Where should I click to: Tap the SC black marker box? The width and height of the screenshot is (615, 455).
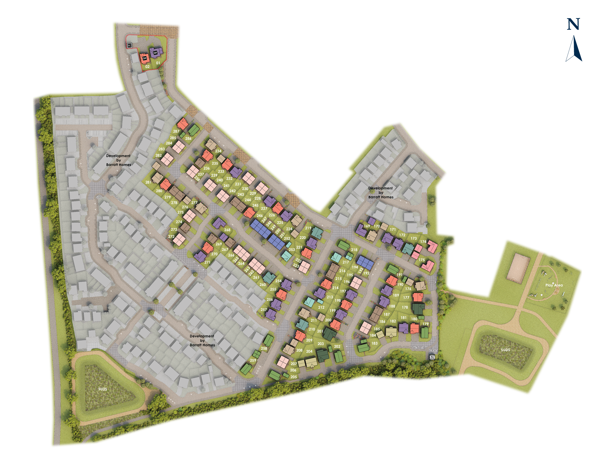[130, 45]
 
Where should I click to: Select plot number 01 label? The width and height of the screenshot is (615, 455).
[158, 63]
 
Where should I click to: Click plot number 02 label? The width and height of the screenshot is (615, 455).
[147, 67]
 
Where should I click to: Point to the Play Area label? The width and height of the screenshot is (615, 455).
[554, 285]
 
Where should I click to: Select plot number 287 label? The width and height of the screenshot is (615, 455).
[176, 131]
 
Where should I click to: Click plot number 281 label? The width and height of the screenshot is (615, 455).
[148, 182]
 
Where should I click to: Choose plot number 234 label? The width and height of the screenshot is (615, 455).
[218, 151]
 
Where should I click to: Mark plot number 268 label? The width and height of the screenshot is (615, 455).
[227, 230]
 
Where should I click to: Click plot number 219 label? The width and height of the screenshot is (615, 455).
[308, 228]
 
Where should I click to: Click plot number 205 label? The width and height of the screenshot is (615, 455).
[294, 377]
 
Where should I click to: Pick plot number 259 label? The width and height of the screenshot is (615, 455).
[253, 360]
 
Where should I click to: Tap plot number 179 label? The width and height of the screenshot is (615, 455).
[425, 324]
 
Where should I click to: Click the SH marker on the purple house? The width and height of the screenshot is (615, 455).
[155, 53]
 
